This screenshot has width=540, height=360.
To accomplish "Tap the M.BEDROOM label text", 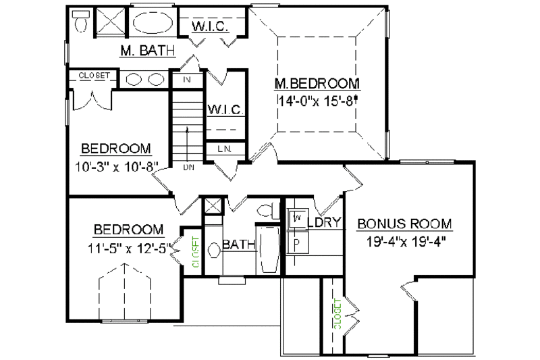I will coord(317,84).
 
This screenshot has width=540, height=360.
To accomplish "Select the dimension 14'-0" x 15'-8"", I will coord(317,101).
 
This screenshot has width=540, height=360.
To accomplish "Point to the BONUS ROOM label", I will coord(404,224).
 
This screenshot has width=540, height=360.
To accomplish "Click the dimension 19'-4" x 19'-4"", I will coord(404,239).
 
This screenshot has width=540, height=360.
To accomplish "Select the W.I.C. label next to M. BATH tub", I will coord(211,27).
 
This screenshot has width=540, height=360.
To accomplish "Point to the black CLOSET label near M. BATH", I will coord(93,76).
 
